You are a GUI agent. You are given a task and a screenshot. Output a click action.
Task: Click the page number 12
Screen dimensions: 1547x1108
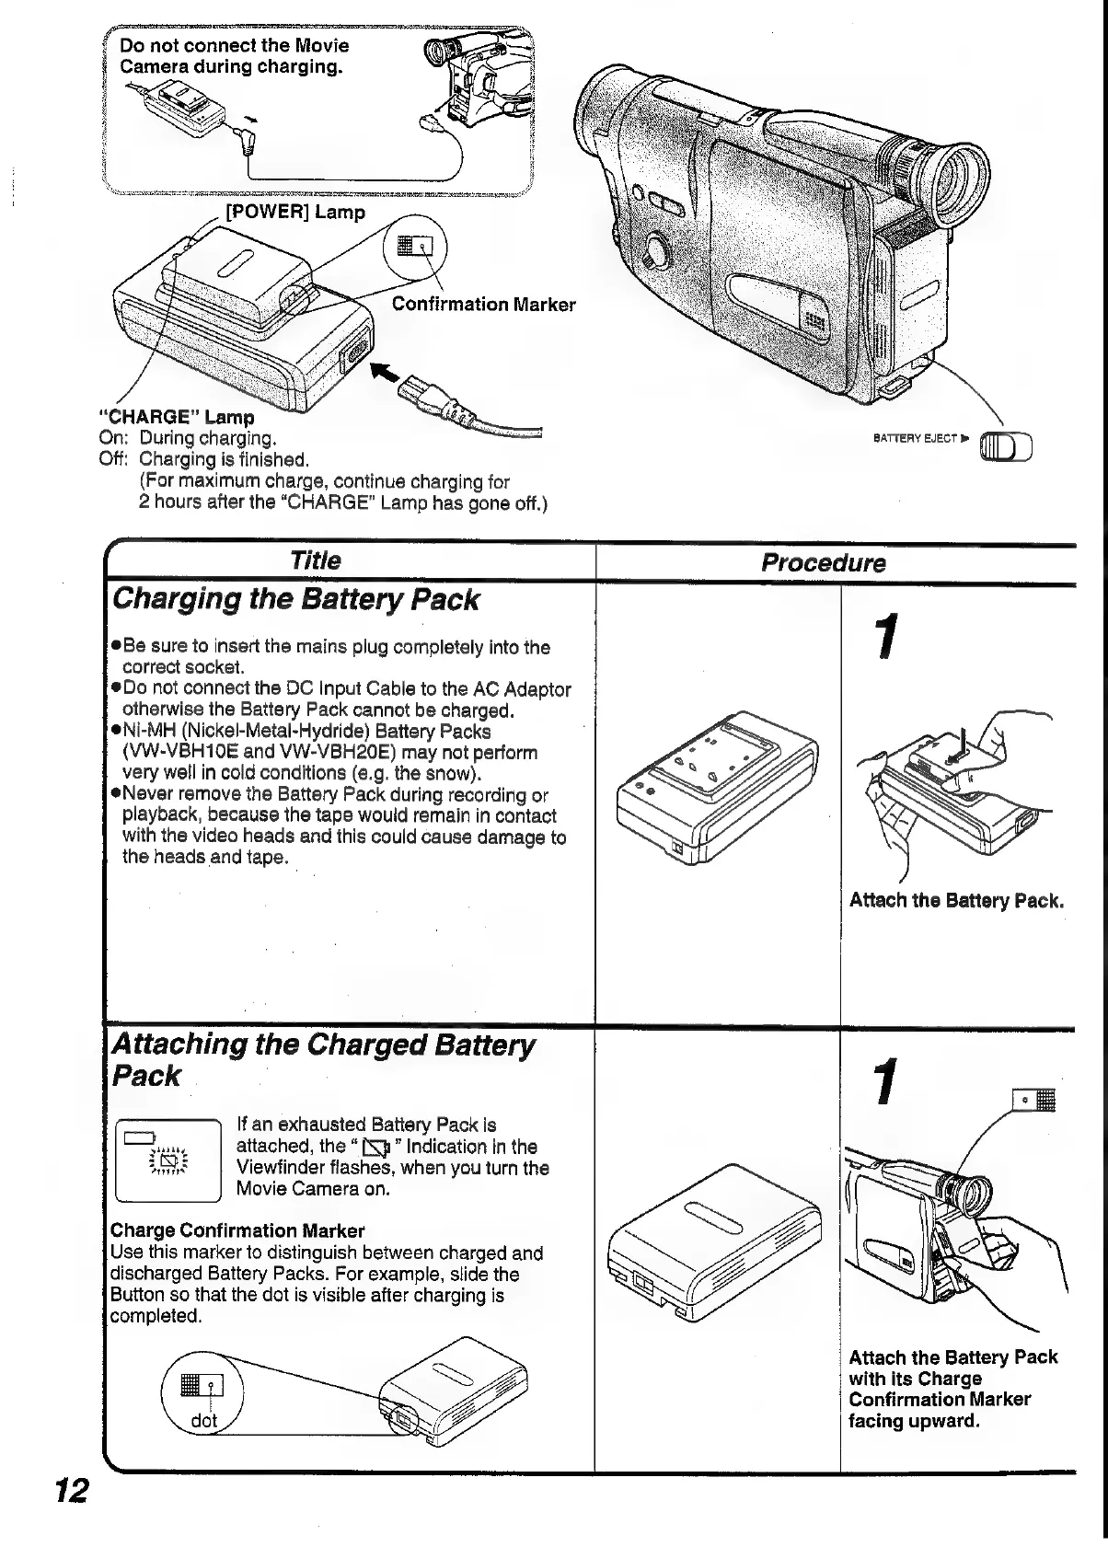[x=72, y=1489]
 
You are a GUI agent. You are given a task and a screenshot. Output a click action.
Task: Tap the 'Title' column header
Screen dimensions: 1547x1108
[x=315, y=560]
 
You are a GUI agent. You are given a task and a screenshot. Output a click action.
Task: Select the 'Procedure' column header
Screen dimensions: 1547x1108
[x=823, y=563]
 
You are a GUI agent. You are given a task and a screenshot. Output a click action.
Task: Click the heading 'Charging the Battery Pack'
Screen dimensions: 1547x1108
[x=294, y=600]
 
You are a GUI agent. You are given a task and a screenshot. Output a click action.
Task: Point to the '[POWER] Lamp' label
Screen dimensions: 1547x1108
[x=295, y=212]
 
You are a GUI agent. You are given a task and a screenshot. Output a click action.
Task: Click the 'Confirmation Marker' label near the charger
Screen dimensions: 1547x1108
[x=483, y=305]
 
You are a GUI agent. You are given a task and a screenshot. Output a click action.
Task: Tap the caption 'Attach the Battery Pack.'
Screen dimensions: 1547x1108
[x=956, y=900]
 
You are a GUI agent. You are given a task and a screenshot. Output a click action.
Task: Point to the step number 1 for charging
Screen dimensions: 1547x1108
[x=885, y=637]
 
